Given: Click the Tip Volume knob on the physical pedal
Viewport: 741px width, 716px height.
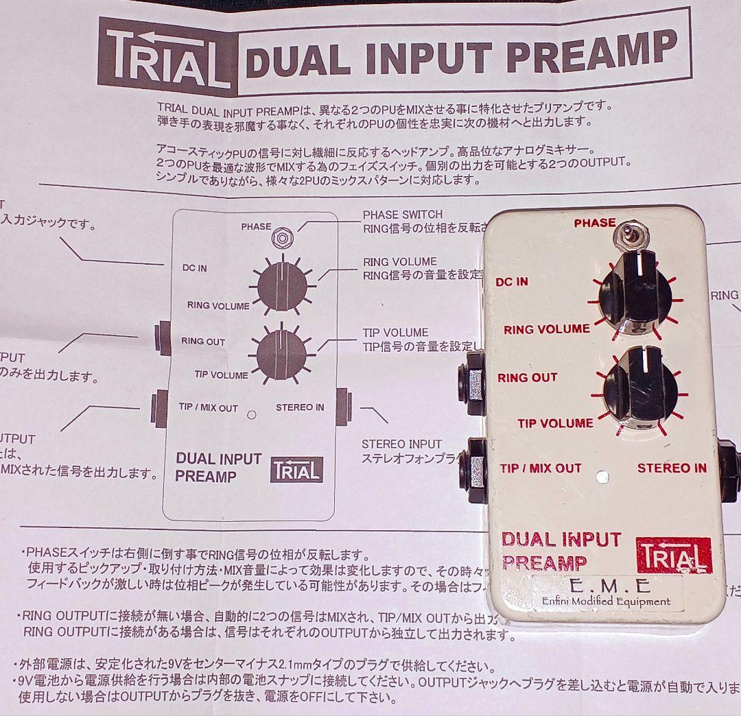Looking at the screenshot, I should pyautogui.click(x=639, y=391).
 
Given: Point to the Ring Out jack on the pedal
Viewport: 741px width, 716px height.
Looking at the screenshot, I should pyautogui.click(x=473, y=380).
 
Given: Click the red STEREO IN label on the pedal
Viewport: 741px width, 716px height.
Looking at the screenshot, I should pyautogui.click(x=672, y=468).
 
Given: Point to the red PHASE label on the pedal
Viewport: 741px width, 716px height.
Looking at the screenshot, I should pyautogui.click(x=595, y=223).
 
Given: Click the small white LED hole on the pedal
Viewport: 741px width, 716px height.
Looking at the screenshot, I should pyautogui.click(x=603, y=475).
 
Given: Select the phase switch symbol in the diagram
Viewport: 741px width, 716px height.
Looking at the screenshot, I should pyautogui.click(x=281, y=238).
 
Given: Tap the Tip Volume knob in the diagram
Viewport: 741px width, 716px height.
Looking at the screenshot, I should pyautogui.click(x=281, y=355).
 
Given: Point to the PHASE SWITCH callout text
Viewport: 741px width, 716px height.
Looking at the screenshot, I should pyautogui.click(x=403, y=215).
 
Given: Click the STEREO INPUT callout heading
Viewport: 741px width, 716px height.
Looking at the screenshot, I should pyautogui.click(x=402, y=444).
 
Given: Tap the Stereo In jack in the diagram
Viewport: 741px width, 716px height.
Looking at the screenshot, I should pyautogui.click(x=344, y=405).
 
